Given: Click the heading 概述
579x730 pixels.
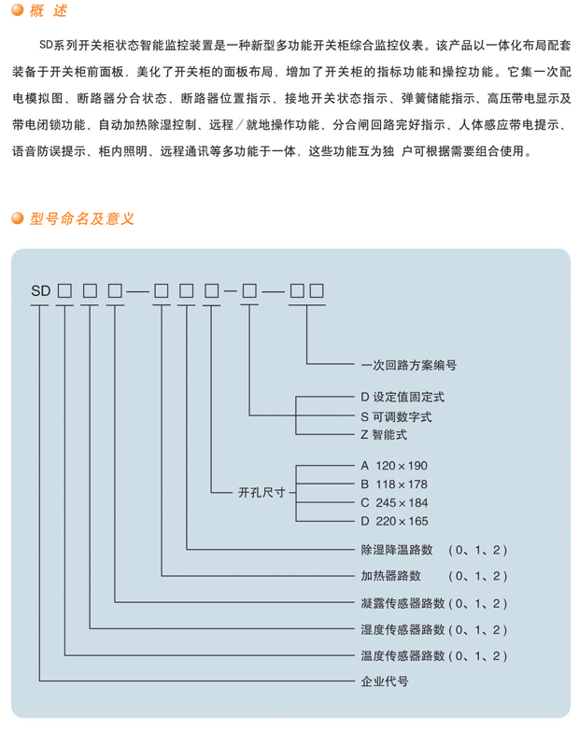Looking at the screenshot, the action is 49,10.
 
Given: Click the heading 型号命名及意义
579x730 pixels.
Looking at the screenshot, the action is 82,218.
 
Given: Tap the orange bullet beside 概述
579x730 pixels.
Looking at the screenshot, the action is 18,9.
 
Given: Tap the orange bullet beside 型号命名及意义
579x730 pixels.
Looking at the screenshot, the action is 18,218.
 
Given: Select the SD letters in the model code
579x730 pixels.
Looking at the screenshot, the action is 40,291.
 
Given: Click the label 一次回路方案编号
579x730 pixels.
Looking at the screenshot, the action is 408,365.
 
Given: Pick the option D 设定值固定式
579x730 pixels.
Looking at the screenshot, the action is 402,397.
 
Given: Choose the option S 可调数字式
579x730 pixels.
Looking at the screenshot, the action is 396,416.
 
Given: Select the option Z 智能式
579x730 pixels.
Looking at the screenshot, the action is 384,435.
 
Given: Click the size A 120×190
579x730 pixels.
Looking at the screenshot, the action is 394,466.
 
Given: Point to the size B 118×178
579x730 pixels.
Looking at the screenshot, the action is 394,484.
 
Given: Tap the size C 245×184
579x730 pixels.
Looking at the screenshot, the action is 394,503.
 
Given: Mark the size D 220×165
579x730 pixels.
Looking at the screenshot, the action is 394,521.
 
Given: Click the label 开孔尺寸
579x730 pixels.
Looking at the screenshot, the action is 261,492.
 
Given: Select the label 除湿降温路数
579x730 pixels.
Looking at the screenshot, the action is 397,550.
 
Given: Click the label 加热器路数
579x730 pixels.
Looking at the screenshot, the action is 390,576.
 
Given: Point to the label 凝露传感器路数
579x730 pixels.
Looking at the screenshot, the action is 402,603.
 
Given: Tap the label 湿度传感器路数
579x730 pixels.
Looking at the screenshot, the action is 402,630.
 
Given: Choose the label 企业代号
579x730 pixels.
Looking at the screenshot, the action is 385,681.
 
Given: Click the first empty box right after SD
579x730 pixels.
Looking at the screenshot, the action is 64,291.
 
